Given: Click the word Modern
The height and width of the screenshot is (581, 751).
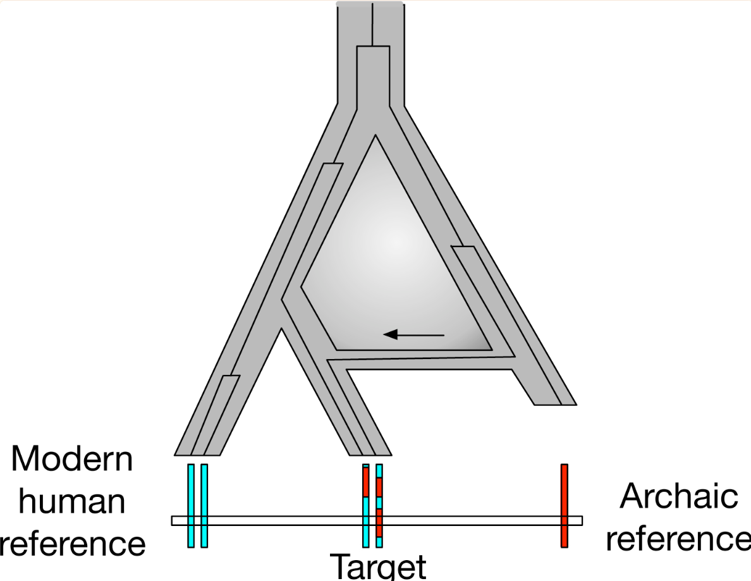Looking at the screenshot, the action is [x=72, y=459].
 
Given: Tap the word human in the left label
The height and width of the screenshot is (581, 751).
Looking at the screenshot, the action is [x=72, y=501].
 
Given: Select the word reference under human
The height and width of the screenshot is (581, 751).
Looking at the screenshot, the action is [x=72, y=544].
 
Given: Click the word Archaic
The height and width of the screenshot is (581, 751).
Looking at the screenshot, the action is [x=679, y=496].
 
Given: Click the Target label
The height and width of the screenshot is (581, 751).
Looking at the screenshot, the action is [x=378, y=567].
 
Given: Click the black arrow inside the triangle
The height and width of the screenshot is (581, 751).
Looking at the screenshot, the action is [x=414, y=334].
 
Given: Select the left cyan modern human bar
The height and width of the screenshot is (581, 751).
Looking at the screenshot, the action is [x=191, y=505].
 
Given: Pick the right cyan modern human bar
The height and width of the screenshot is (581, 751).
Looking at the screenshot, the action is [x=204, y=505].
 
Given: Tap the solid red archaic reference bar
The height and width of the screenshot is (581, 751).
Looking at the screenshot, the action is [x=565, y=505].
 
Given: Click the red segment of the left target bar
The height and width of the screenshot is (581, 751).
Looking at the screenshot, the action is [x=366, y=482].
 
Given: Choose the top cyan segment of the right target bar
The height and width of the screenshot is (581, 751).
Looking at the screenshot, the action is [x=379, y=470].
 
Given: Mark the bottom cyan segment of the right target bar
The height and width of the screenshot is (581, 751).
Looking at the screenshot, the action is [x=379, y=542].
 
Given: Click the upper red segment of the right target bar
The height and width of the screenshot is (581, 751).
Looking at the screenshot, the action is [x=379, y=487].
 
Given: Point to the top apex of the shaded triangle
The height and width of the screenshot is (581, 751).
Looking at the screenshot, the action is [x=375, y=135].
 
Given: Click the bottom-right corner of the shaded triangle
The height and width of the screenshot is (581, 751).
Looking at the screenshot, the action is [x=491, y=350].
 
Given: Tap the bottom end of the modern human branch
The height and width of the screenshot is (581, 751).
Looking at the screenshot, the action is [x=197, y=455].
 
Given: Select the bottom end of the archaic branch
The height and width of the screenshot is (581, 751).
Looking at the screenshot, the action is [x=556, y=405].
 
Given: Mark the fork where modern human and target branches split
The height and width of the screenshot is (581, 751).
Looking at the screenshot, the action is [x=281, y=329].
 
